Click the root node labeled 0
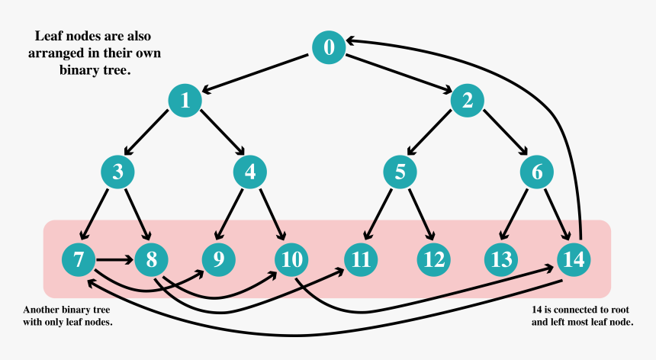point(329,47)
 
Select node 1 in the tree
point(185,100)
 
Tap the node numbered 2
point(468,100)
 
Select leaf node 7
point(79,260)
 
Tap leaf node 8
point(151,260)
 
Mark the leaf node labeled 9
point(219,260)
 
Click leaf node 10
point(291,260)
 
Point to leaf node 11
point(361,260)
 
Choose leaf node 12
point(434,260)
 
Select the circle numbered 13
point(501,260)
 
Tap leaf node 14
point(574,260)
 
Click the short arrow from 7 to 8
point(114,260)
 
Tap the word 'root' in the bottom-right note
point(610,310)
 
